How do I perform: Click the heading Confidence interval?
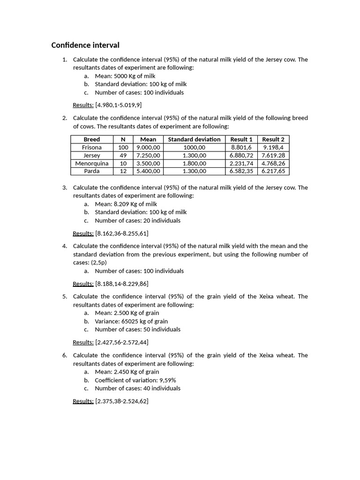(85, 45)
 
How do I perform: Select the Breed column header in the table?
(92, 139)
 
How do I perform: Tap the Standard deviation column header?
(194, 139)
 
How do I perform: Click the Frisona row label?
(92, 147)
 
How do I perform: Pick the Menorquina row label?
(92, 163)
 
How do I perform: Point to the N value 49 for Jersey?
(123, 155)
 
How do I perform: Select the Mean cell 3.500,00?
(148, 163)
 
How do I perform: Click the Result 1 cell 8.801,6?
(241, 147)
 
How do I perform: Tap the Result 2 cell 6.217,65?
(273, 171)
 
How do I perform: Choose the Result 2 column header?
(273, 139)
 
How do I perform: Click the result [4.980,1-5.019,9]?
(119, 105)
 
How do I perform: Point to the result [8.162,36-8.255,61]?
(122, 233)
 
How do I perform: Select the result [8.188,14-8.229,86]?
(122, 284)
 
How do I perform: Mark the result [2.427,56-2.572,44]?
(122, 342)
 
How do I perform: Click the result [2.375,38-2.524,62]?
(122, 401)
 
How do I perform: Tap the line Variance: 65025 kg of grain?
(131, 321)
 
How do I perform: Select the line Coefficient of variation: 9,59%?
(135, 380)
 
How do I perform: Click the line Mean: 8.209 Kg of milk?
(126, 204)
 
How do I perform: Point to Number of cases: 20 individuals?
(137, 220)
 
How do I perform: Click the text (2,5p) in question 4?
(99, 262)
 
